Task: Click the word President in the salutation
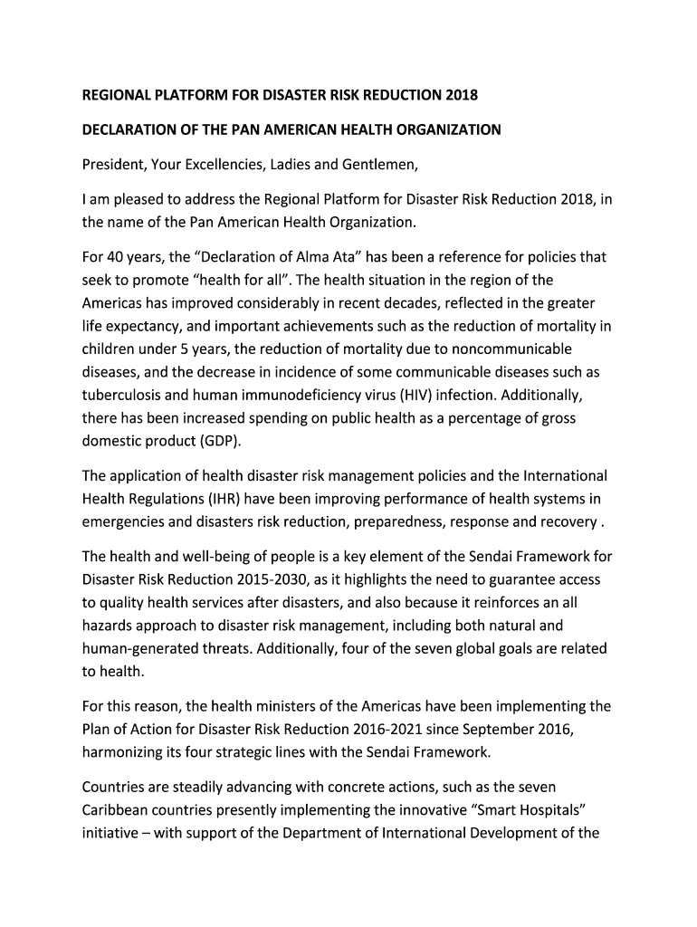pos(113,164)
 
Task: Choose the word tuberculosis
pos(123,396)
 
